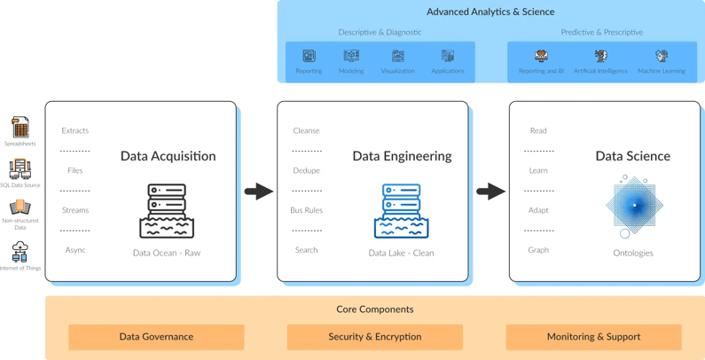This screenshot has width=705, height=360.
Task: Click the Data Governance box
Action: tap(156, 337)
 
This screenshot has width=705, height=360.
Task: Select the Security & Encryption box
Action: tap(374, 337)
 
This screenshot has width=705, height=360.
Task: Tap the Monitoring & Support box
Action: tap(593, 337)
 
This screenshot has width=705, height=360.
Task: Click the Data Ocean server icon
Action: tap(167, 211)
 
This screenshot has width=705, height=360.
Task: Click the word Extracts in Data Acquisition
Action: tap(74, 131)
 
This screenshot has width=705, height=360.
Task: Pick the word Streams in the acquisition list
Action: tap(74, 210)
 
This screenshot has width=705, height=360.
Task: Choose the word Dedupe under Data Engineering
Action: tap(306, 170)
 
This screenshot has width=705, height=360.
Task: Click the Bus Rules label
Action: tap(306, 210)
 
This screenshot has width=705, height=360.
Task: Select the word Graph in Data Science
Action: tap(538, 250)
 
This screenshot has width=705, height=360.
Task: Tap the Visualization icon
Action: tap(398, 57)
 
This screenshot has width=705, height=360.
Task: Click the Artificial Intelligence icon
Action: tap(600, 57)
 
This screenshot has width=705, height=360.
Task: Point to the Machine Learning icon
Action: tap(661, 57)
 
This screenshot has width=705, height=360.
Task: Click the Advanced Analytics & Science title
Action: tap(490, 12)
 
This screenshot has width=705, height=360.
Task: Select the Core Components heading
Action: tap(374, 309)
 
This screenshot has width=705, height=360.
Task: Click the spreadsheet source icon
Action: tap(20, 126)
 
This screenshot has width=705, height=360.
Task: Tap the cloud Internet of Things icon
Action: tap(20, 249)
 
